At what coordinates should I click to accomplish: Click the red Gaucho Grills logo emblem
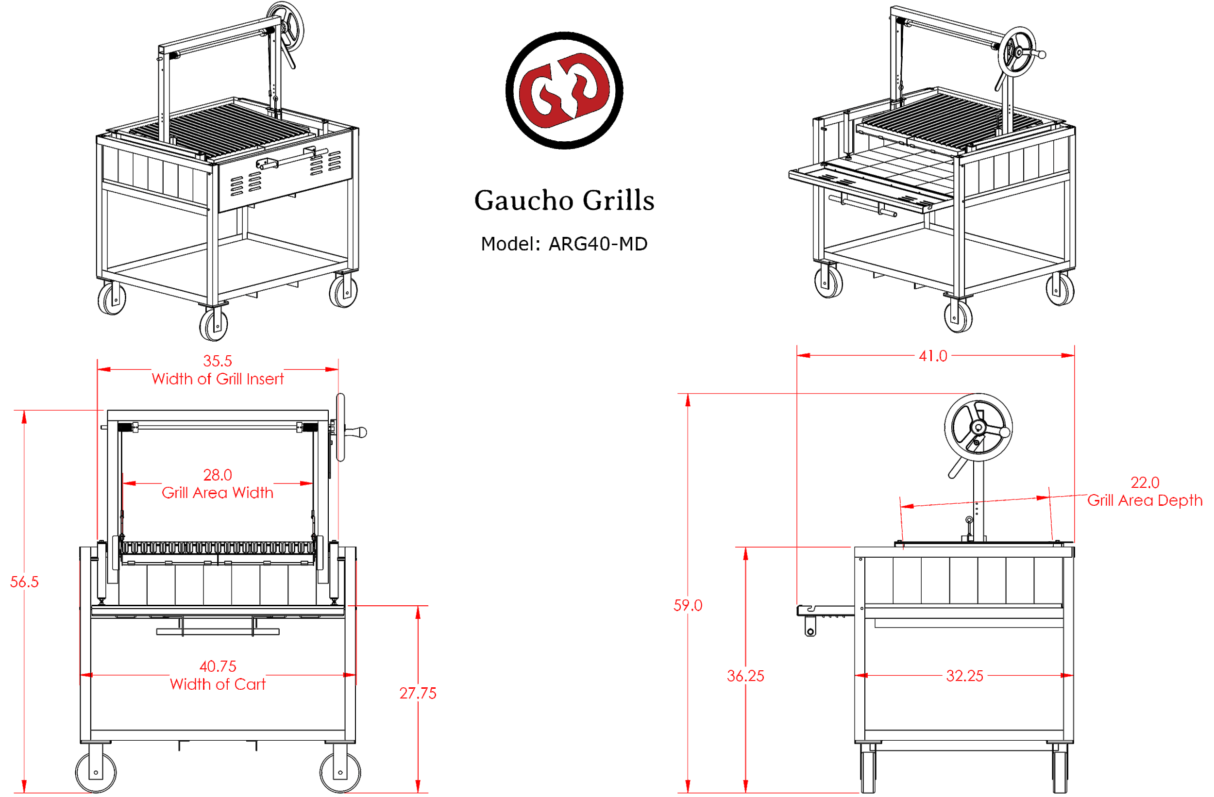pyautogui.click(x=564, y=90)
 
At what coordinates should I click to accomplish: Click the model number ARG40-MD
pyautogui.click(x=597, y=244)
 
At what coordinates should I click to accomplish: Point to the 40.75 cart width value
pyautogui.click(x=218, y=666)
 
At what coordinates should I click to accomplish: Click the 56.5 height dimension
pyautogui.click(x=24, y=582)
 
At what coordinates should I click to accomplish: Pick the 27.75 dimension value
pyautogui.click(x=418, y=694)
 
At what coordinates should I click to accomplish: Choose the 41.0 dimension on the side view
pyautogui.click(x=933, y=356)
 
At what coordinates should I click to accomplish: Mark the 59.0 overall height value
pyautogui.click(x=688, y=605)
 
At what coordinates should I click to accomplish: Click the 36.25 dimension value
pyautogui.click(x=745, y=676)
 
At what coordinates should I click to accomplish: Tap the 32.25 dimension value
pyautogui.click(x=964, y=676)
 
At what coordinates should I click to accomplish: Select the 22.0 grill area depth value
pyautogui.click(x=1145, y=482)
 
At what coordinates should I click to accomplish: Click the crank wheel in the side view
pyautogui.click(x=978, y=427)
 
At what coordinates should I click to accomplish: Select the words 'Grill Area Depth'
pyautogui.click(x=1145, y=501)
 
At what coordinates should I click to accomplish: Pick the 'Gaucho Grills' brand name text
pyautogui.click(x=564, y=200)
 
